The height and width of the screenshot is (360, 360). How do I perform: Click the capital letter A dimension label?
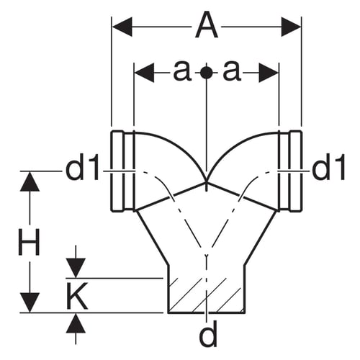pos(207,26)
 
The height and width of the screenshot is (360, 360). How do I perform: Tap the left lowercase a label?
pos(182,71)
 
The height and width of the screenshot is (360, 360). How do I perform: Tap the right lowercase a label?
pos(231,71)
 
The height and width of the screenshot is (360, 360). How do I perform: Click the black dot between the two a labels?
pos(207,72)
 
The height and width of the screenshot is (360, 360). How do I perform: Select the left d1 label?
pos(82,167)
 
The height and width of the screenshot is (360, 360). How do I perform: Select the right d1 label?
pos(329,167)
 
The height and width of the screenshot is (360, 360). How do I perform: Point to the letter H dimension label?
pos(29,242)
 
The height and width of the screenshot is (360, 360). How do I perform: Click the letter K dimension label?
pos(76,296)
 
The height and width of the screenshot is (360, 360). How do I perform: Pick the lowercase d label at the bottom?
pos(208,333)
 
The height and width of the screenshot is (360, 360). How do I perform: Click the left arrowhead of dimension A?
pos(122,27)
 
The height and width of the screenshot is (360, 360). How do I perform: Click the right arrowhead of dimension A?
pos(291,27)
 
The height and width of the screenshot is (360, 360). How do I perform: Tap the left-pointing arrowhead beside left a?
pos(144,72)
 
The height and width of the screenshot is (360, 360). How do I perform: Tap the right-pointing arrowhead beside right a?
pos(269,72)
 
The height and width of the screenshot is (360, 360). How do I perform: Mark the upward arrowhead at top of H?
pos(30,181)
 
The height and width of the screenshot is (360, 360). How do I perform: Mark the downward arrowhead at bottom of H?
pos(30,302)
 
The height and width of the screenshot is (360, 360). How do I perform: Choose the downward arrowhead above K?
pos(76,268)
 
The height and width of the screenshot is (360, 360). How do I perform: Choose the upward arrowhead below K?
pos(76,323)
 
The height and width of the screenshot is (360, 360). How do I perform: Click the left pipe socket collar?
pos(122,171)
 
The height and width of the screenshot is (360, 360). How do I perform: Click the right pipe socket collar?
pos(290,171)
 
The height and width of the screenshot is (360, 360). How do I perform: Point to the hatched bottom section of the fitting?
pos(207,295)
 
